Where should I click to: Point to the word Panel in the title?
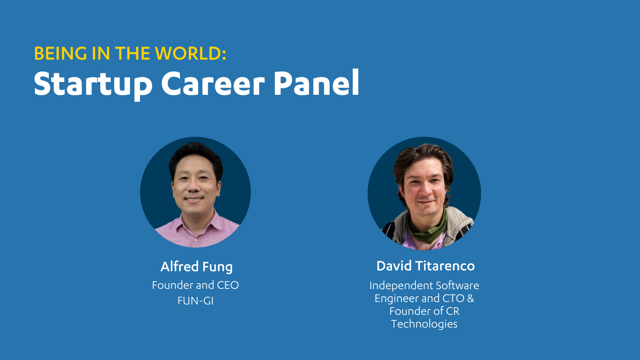(316, 82)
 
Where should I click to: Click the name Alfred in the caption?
(180, 266)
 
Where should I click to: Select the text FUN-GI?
(196, 301)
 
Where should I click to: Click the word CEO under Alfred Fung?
(228, 285)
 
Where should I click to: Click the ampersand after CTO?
(470, 298)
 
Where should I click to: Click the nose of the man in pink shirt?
(194, 187)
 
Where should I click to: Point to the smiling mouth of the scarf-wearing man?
(426, 202)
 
